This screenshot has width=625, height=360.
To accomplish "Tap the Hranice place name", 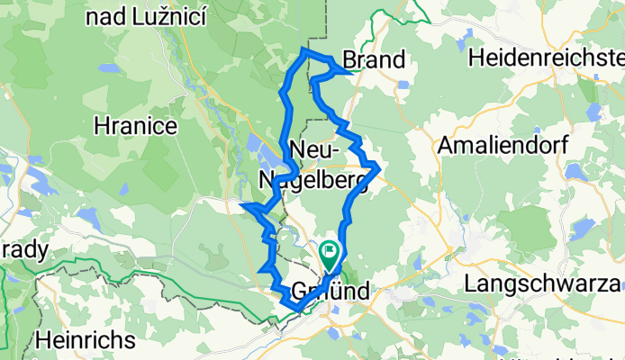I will (135, 126).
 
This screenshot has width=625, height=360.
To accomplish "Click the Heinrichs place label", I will (86, 341).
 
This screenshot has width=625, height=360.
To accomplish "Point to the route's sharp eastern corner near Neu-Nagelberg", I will (380, 167).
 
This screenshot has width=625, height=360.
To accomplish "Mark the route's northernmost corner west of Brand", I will (303, 51).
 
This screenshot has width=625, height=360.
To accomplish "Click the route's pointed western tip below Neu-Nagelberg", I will (243, 207).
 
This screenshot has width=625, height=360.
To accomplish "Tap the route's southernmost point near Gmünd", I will (294, 310).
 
